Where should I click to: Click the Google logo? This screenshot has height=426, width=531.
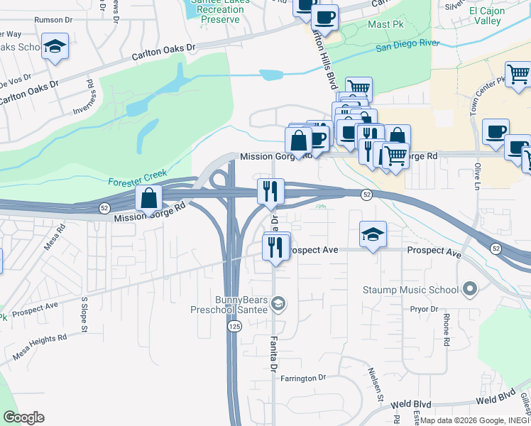click(x=23, y=417)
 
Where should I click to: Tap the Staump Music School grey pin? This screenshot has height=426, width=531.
click(x=469, y=289)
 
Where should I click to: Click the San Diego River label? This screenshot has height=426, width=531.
click(x=407, y=45)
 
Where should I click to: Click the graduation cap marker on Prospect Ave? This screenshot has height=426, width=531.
click(x=373, y=234)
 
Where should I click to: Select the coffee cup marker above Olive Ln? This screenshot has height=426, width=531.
click(x=495, y=131)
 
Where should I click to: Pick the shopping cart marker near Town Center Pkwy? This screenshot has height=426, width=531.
click(x=518, y=73)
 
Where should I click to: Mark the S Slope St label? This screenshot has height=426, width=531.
click(x=84, y=314)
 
